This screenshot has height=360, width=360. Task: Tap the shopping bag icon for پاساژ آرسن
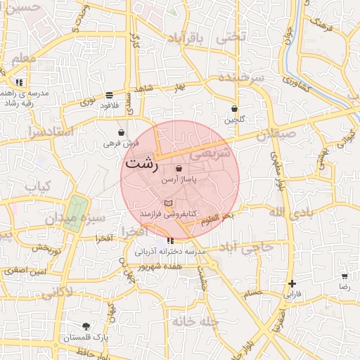point(179,169)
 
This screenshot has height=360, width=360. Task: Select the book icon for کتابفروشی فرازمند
point(167,202)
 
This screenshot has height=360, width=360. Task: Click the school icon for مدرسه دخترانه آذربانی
point(169,242)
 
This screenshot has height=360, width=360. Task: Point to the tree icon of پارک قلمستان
point(86,326)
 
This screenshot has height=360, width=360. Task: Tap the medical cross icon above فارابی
point(292,284)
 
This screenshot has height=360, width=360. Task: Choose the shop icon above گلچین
point(235,109)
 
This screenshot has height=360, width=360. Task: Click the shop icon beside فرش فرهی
point(122,132)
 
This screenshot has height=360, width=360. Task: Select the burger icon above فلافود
point(109,95)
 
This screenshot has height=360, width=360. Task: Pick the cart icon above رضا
point(344,276)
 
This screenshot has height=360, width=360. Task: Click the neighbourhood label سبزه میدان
point(75,219)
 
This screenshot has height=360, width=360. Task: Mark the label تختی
point(233,36)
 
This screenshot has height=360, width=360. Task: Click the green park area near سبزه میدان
point(77,210)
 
